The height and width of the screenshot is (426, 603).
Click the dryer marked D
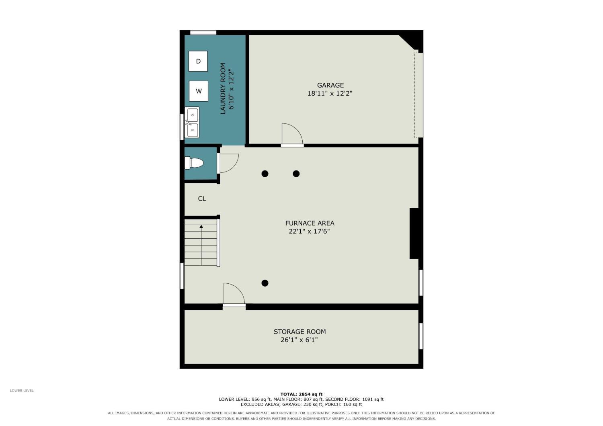pos(198,61)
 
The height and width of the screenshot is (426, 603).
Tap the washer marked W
pos(199,91)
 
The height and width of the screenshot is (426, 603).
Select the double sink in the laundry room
pos(192,123)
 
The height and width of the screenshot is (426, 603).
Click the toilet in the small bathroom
pos(194,163)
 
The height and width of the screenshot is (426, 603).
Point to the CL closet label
pos(202,199)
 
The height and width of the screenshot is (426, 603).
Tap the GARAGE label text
pos(330,85)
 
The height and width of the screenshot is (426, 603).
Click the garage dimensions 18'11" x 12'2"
pos(330,93)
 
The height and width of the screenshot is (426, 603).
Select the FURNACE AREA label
pos(310,223)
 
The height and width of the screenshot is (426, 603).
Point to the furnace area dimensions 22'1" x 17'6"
pos(309,231)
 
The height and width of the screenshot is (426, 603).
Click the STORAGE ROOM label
pos(299,332)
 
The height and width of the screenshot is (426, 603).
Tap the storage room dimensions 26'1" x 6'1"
pos(299,340)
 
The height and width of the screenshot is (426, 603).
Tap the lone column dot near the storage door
pos(265,283)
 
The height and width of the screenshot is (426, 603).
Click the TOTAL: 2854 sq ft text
pos(301,394)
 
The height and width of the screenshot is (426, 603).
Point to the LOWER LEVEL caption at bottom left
pos(22,391)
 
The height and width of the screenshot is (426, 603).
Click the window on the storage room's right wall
pos(421,336)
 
